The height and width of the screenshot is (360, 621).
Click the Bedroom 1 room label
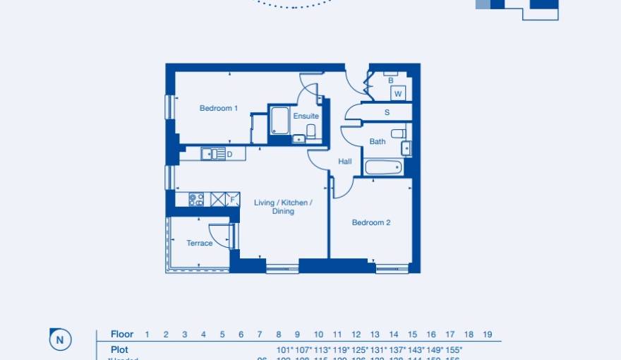coord(218,108)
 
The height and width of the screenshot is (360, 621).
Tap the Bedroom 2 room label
coord(371,222)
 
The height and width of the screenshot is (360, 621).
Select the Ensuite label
coord(306,116)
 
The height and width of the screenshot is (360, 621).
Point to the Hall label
coord(344,162)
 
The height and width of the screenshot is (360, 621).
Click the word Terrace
coord(199,243)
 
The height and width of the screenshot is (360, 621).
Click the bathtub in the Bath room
coord(383,168)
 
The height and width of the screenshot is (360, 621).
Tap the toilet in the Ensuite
coord(311,131)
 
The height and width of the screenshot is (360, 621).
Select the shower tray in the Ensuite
coord(279,121)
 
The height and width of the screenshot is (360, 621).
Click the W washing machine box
coord(398,93)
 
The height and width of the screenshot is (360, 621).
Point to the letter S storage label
coord(387,112)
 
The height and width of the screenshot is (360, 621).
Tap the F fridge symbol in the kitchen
coord(233,200)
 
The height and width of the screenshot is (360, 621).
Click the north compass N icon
coord(60,340)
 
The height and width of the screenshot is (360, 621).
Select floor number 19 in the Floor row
coord(487,335)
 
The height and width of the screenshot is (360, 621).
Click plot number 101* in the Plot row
coord(284,350)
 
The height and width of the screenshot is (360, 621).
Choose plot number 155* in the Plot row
coord(454,350)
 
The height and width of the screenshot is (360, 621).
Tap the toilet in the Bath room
coord(399,133)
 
